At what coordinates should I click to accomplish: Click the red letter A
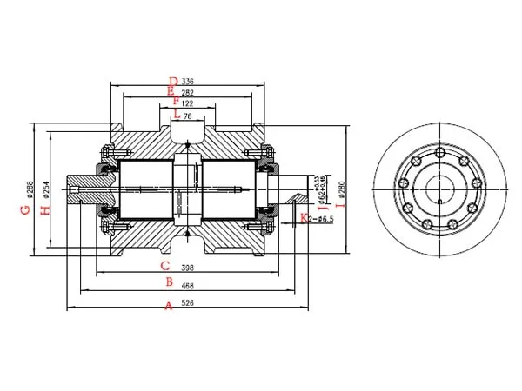point(169,305)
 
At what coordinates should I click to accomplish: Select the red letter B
point(169,283)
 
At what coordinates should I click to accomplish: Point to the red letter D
point(173,81)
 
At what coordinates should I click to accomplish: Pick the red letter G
point(26,209)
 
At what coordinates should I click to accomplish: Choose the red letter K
point(303,217)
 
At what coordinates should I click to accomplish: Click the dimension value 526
point(186,303)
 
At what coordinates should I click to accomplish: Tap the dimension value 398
point(186,267)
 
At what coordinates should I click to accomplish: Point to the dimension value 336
point(188,81)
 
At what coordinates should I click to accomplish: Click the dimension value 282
point(188,91)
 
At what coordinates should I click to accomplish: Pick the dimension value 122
point(187,103)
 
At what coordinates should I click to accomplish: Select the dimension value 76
point(188,115)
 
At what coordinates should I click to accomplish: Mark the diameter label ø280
point(341,186)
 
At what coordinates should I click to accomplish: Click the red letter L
point(176,114)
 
